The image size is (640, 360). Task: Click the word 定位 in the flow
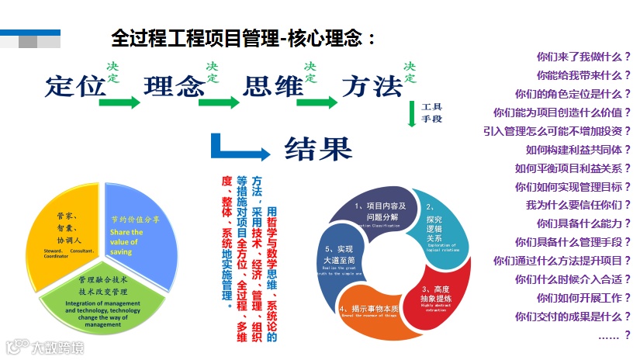pos(75,86)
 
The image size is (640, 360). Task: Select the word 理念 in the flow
pos(173,86)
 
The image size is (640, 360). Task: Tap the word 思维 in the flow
pos(272,86)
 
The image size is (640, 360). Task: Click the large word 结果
pos(318,147)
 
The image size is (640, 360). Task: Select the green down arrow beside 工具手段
pos(412,114)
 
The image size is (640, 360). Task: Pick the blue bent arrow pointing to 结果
pos(237,147)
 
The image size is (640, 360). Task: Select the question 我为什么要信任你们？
pos(578,205)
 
